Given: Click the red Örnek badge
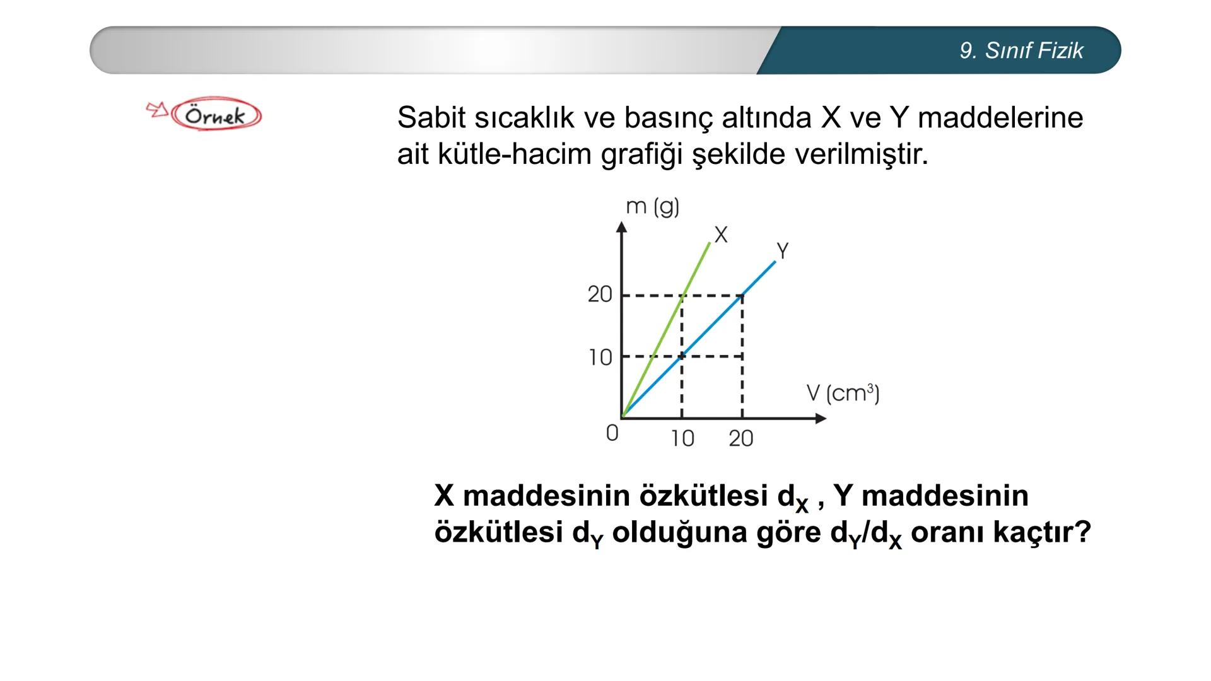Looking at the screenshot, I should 216,115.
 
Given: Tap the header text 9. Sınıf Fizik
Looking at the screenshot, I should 1021,50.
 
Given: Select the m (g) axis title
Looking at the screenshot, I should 652,206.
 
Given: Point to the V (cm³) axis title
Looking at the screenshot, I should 843,393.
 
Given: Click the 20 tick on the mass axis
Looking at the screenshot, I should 600,294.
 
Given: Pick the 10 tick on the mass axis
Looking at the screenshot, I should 600,358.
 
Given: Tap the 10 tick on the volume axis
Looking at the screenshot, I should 682,438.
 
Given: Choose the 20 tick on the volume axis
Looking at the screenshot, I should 741,438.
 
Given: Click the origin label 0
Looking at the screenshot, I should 612,433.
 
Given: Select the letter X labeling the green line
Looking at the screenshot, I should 720,235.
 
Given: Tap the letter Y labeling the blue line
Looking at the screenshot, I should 783,251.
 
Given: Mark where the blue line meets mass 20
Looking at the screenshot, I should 742,295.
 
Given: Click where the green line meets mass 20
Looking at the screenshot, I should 682,295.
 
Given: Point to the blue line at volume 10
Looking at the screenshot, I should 682,356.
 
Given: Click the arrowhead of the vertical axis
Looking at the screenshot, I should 622,227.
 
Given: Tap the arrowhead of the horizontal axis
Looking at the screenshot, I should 821,418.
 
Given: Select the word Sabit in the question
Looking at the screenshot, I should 431,118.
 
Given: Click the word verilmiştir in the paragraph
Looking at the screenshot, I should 861,154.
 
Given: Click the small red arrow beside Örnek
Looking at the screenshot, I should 157,110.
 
